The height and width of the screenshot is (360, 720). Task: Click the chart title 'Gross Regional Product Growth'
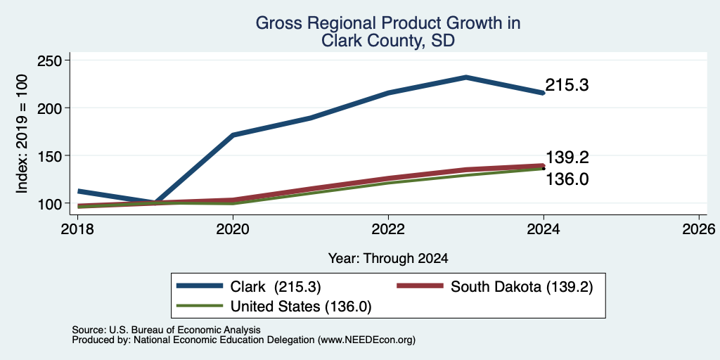387,23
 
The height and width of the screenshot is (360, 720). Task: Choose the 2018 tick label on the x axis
78,229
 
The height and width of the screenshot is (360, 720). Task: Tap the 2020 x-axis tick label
233,229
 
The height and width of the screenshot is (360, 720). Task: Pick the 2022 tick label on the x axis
388,229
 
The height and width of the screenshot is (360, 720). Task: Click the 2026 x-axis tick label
699,229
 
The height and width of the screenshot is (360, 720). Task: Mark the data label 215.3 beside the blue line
567,85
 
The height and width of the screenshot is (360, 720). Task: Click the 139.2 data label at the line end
567,157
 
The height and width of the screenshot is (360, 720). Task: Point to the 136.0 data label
567,179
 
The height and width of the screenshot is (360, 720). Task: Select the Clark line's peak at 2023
466,77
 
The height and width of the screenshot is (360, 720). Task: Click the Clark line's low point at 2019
155,202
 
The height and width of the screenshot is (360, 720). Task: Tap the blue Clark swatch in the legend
199,287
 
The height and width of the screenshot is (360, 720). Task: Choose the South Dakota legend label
522,287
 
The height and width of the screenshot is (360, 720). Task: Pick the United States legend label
301,307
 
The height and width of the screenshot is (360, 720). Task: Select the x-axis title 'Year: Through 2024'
388,259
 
